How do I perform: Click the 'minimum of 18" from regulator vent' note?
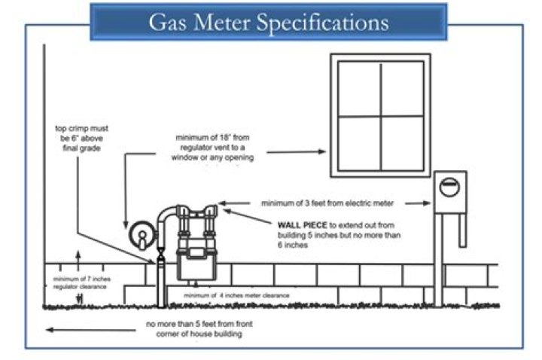pos(215,148)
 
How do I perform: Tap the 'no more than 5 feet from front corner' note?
pos(193,329)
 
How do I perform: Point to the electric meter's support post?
pos(439,264)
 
